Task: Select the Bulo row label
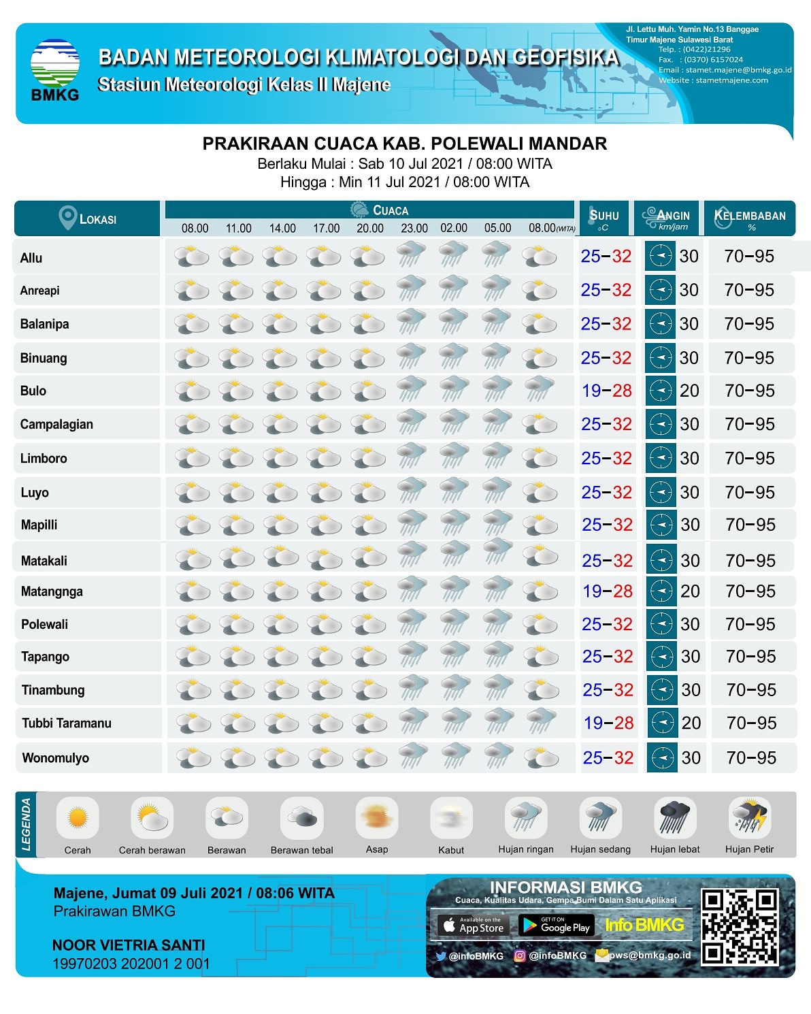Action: point(33,391)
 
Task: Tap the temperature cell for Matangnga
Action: point(607,591)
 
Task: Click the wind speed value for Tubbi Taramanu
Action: point(691,723)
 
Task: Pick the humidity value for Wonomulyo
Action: point(751,757)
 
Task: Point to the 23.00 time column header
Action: point(414,228)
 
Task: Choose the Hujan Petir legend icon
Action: point(749,817)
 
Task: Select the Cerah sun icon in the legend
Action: point(78,817)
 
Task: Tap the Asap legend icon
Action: point(376,817)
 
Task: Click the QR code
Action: point(740,926)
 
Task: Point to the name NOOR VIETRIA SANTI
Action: point(129,945)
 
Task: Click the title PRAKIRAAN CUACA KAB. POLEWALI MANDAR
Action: point(405,144)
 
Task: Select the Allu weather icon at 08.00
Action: point(193,257)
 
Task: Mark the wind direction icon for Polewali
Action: point(661,624)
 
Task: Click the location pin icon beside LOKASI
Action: point(67,218)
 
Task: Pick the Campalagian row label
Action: point(56,424)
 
